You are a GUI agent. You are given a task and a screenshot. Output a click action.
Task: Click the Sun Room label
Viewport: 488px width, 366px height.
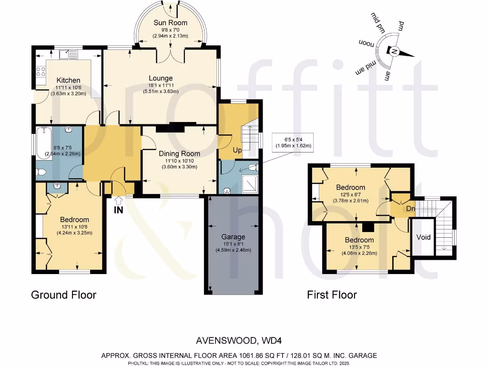pyautogui.click(x=170, y=22)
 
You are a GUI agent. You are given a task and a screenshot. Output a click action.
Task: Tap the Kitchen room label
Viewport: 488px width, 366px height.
pyautogui.click(x=68, y=80)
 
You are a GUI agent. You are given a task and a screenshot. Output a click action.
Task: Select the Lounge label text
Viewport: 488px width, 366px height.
pyautogui.click(x=161, y=78)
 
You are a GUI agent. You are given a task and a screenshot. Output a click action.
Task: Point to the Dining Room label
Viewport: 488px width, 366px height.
pyautogui.click(x=179, y=153)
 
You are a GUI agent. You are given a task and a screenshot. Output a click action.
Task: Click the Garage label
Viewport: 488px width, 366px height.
pyautogui.click(x=233, y=236)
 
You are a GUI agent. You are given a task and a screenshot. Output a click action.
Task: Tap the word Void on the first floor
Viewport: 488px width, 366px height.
pyautogui.click(x=423, y=237)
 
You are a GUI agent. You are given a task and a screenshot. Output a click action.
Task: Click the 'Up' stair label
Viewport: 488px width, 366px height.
pyautogui.click(x=237, y=150)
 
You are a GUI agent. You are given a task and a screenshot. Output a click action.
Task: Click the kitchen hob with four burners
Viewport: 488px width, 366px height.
pyautogui.click(x=41, y=72)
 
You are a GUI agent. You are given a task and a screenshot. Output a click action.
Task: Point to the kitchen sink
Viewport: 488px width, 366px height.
pyautogui.click(x=69, y=55)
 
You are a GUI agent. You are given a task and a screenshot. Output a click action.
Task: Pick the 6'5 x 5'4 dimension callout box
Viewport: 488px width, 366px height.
pyautogui.click(x=292, y=142)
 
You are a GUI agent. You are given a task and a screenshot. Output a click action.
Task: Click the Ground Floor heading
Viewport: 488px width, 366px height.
pyautogui.click(x=63, y=295)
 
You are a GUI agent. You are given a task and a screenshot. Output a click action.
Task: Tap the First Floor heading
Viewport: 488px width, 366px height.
pyautogui.click(x=332, y=295)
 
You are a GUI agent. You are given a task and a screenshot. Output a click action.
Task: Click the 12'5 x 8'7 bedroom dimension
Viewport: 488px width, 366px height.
pyautogui.click(x=350, y=194)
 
